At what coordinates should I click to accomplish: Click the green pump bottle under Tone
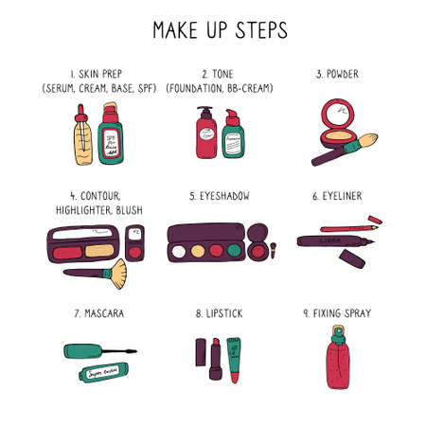coord(232,138)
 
